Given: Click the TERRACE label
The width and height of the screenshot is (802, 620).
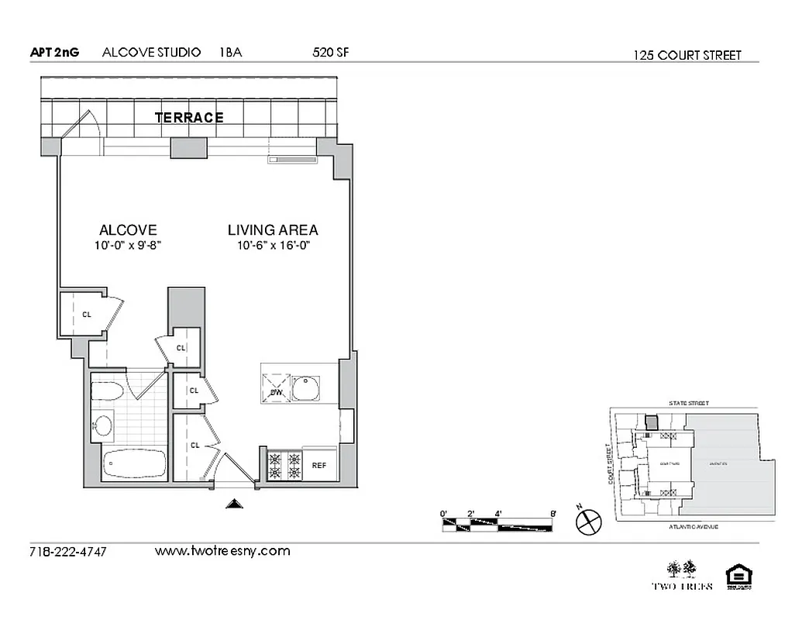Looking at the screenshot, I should coord(189,118).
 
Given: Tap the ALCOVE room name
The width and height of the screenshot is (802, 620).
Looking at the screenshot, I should coord(128,230).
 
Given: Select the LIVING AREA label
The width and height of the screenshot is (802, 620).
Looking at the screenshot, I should coord(273,230).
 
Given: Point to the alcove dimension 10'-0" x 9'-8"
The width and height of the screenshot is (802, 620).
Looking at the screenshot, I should coord(128,245).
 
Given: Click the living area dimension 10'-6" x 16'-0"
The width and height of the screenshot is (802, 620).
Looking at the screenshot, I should coord(273,245).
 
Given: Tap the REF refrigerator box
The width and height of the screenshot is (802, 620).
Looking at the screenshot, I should coord(319,466).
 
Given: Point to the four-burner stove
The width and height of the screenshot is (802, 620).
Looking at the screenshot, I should coord(284,464).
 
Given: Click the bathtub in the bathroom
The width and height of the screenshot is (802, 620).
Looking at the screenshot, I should coord(135,463).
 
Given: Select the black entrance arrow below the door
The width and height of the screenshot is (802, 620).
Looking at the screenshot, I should coord(233,505).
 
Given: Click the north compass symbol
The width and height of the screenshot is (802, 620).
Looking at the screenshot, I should coord(588,521).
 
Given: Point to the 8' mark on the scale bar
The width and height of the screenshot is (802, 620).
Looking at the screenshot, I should coord(552,513).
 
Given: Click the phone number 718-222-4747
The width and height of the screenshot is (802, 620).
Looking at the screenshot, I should coord(67,552).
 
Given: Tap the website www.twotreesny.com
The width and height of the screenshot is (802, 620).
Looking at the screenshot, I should coord(222,551).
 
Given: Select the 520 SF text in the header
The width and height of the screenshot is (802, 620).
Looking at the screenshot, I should coord(329,53).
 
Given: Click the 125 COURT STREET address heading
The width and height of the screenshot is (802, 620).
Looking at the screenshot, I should coord(687,55).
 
